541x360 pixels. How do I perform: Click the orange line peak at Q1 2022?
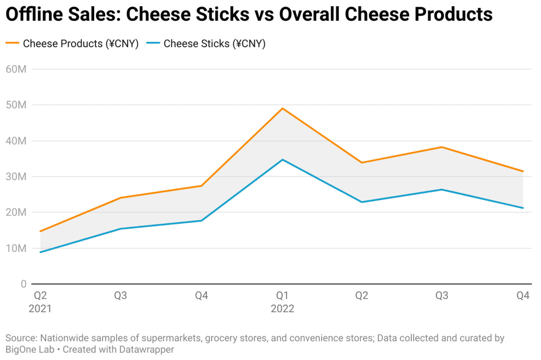[x=282, y=108]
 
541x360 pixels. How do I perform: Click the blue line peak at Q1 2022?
[x=282, y=160]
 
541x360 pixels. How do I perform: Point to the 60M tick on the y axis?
[x=16, y=69]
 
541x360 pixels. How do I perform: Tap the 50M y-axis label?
[x=16, y=105]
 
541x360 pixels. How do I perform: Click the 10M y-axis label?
[x=16, y=248]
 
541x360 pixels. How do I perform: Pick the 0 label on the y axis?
[x=23, y=284]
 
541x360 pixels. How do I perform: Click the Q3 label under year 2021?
[x=121, y=296]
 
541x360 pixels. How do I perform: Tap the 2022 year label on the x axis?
[x=282, y=309]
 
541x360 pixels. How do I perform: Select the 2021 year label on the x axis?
[x=40, y=309]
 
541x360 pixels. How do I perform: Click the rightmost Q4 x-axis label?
[x=523, y=296]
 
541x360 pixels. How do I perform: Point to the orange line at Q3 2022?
[x=442, y=147]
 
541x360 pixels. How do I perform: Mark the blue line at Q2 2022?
[x=362, y=202]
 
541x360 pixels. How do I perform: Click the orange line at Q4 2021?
[x=201, y=186]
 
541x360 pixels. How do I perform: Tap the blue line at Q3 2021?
[x=121, y=229]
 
